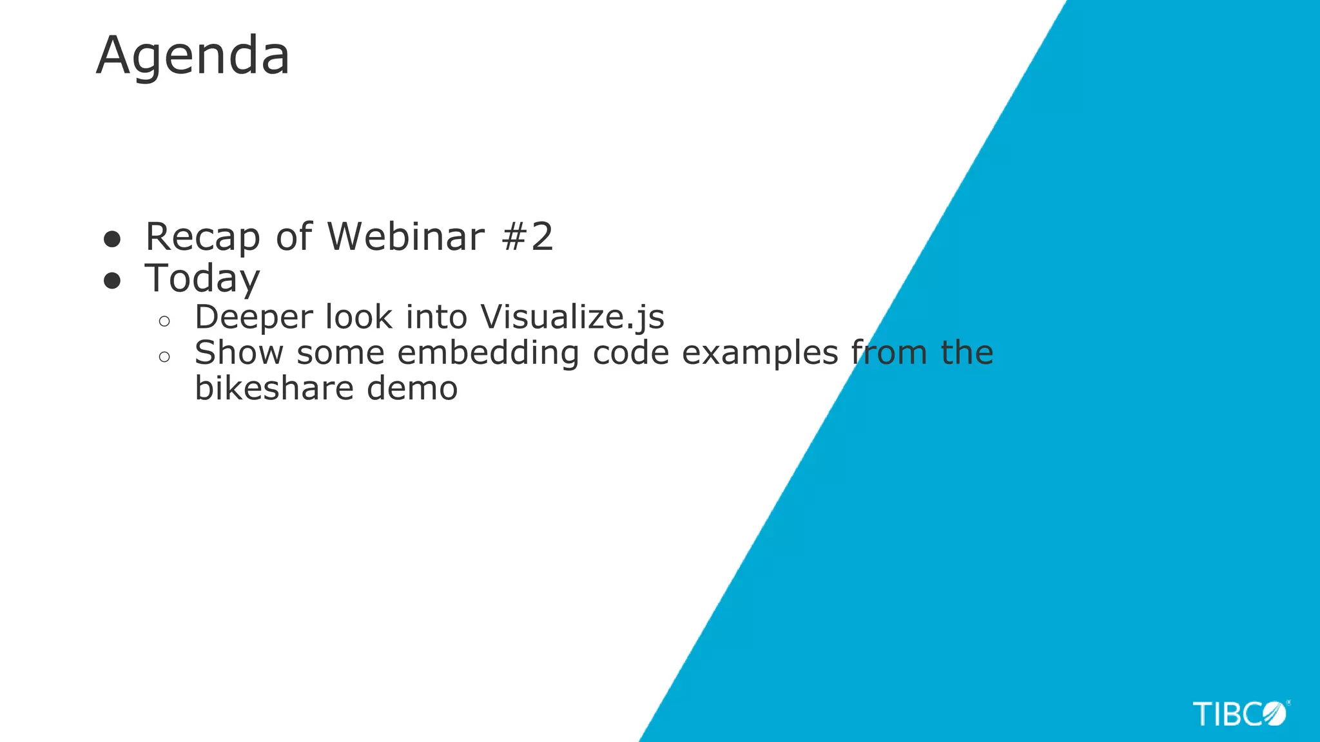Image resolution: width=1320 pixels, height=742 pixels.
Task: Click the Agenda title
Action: click(x=193, y=57)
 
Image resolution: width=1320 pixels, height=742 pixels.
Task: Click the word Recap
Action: click(x=202, y=237)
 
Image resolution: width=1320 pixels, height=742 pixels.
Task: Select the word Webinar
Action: click(x=405, y=236)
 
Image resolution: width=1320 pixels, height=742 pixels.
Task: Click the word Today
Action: click(x=202, y=279)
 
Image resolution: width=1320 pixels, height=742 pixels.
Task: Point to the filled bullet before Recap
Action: click(x=112, y=240)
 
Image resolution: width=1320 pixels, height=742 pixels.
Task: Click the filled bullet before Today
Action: click(x=112, y=281)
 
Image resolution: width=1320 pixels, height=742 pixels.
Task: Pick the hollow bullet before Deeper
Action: click(x=164, y=321)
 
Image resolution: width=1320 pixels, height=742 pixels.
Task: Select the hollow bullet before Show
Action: click(x=164, y=356)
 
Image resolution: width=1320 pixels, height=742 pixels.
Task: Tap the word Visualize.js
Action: click(x=572, y=318)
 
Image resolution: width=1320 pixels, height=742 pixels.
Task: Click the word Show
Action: click(x=239, y=353)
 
